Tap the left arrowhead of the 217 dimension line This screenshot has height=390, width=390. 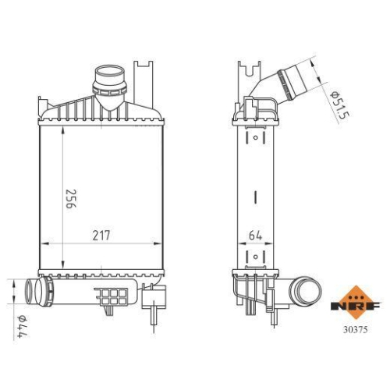coord(42,243)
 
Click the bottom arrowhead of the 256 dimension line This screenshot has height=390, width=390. coord(62,267)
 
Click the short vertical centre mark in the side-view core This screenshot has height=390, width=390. coord(255,195)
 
